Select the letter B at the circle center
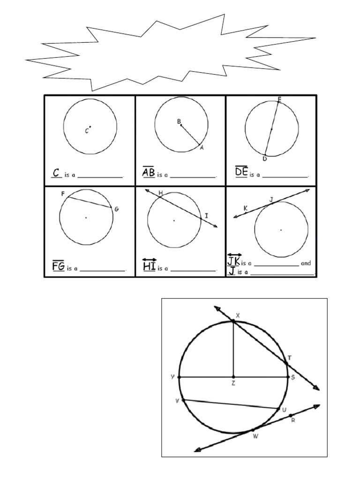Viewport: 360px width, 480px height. [179, 121]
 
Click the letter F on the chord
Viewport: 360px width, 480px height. [62, 193]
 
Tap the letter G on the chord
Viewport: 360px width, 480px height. [117, 209]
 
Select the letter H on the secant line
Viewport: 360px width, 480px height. [160, 193]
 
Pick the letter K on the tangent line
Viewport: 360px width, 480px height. [245, 208]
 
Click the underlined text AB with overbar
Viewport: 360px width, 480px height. [149, 173]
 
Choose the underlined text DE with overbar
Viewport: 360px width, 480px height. [241, 173]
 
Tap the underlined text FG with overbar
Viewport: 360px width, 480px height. [59, 267]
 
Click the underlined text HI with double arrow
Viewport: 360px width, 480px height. [149, 266]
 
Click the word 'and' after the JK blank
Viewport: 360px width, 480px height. [306, 263]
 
